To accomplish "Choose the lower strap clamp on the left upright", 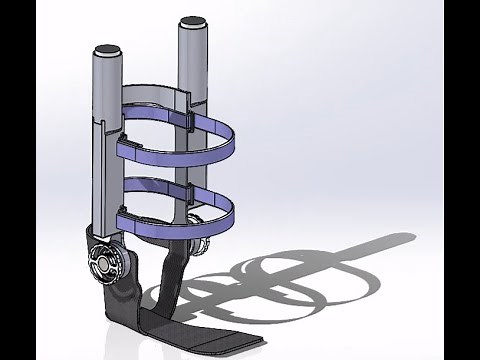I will click(122, 211).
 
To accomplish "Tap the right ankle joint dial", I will click(197, 246).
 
